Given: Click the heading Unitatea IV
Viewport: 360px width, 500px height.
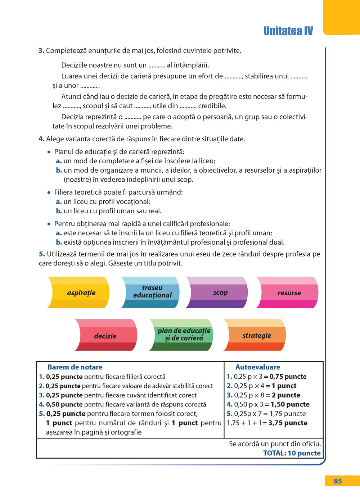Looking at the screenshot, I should coord(288,31).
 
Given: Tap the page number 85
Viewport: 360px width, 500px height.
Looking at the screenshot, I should coord(338,481).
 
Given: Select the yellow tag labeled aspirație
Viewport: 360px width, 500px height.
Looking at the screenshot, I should coord(81,293).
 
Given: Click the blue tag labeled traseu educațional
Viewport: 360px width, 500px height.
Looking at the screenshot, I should coord(152,292).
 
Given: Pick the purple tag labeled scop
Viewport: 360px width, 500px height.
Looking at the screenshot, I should coord(220,292).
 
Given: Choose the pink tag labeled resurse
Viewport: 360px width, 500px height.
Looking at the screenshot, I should coord(289,293).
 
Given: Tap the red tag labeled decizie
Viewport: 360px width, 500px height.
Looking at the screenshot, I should coord(105,336).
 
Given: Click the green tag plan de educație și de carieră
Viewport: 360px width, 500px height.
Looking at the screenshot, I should coord(184,334).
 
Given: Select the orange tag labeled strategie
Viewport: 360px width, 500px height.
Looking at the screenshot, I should coord(257,336).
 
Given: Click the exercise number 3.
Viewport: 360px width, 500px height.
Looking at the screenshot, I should coord(41,51).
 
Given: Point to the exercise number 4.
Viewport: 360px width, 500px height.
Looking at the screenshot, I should coord(41,139).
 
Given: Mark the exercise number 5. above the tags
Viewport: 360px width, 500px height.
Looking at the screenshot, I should coord(42,254).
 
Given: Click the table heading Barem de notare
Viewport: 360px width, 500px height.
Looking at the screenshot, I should coord(75,367).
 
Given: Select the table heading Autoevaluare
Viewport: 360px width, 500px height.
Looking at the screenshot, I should coord(258,367).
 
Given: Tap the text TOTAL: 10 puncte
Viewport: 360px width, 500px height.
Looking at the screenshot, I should coord(292,453).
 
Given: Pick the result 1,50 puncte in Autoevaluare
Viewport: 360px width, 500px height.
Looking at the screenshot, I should coord(290,404).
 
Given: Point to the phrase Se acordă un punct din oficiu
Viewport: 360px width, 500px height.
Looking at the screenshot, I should coord(275,444).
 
